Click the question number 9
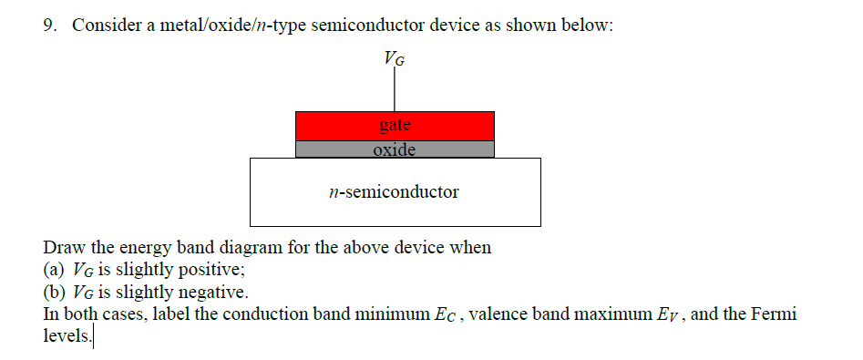coord(51,26)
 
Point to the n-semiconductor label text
coord(394,192)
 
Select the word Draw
coord(62,248)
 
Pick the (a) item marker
coord(55,271)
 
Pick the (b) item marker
coord(55,293)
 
